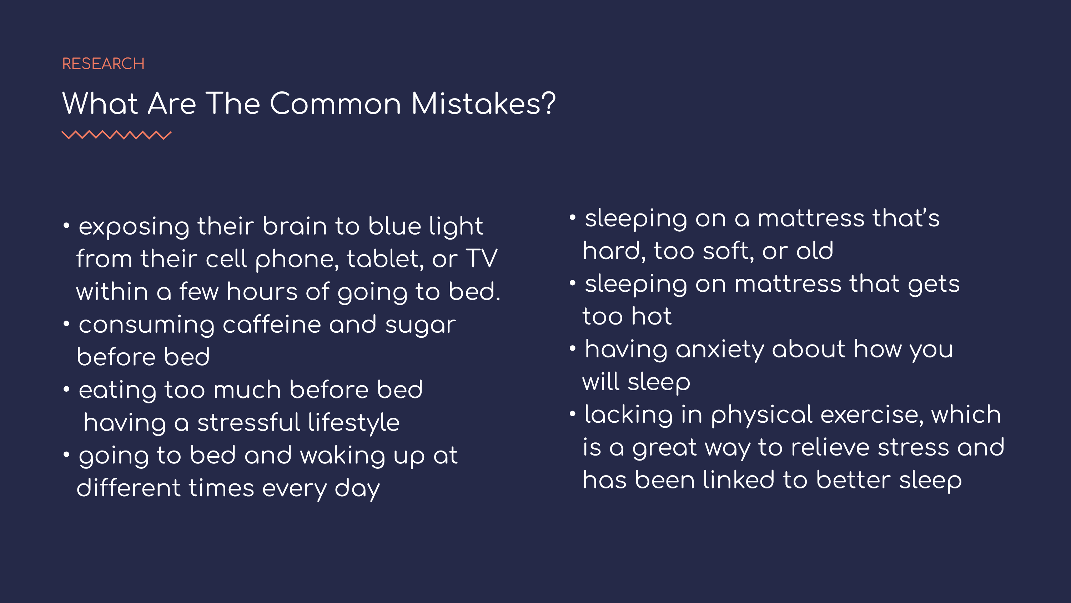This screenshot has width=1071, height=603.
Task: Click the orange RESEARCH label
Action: [x=103, y=64]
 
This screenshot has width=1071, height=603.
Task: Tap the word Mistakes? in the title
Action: [x=483, y=103]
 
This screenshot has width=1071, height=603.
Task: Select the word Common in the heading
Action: [x=336, y=103]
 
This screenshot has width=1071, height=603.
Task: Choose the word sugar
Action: [x=420, y=326]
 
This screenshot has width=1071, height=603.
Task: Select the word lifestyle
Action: [x=354, y=423]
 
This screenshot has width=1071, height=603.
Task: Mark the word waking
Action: [x=343, y=456]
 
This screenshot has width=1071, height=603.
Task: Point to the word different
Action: [x=129, y=488]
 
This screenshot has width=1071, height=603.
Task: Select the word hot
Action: [x=652, y=316]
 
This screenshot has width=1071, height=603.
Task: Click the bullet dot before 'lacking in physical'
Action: [x=573, y=413]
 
